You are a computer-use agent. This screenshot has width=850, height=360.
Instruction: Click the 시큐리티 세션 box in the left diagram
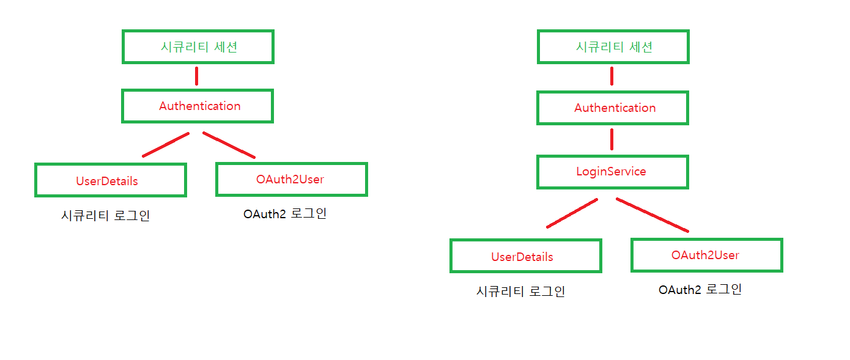pos(198,46)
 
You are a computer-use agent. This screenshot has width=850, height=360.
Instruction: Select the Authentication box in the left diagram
pos(198,106)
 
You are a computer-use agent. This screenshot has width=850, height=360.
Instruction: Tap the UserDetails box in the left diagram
pos(110,180)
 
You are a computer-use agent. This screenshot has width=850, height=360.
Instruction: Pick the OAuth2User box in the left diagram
pos(291,179)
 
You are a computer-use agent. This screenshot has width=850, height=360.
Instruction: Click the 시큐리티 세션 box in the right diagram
pos(613,46)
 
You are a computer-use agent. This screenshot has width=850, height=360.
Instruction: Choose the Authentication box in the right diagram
pos(613,108)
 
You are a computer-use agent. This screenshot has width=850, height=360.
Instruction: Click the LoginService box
pos(612,171)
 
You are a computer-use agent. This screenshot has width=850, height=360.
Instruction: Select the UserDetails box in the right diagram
pos(525,255)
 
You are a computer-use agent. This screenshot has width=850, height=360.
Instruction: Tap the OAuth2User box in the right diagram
pos(706,255)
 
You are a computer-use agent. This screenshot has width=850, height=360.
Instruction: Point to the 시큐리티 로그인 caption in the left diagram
pos(106,216)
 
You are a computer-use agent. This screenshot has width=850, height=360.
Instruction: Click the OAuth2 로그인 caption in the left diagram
pos(285,215)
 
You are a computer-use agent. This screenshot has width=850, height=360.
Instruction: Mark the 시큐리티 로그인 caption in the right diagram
pos(520,292)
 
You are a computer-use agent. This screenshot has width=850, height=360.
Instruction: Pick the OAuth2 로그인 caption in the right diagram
pos(700,290)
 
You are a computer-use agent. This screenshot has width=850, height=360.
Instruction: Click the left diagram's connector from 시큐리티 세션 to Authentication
pos(196,76)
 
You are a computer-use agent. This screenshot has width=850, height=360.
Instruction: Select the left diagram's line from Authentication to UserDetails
pos(166,144)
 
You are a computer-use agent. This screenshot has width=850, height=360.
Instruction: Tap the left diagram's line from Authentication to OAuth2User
pos(229,145)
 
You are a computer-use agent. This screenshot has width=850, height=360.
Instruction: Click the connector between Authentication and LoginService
pos(612,139)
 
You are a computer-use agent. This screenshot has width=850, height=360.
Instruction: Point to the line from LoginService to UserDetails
pos(572,213)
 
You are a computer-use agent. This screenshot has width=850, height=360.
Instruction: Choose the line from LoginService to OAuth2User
pos(652,215)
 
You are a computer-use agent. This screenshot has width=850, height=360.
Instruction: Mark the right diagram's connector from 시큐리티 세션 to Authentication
pos(612,76)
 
